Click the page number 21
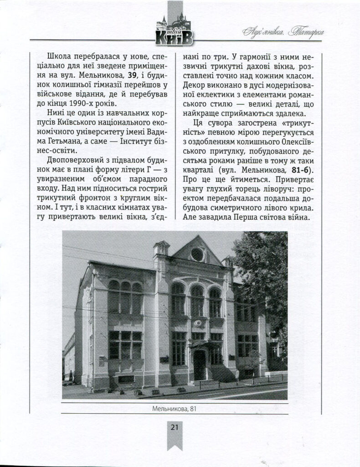pos(174,427)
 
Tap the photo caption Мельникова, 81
pos(175,408)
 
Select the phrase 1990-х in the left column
pos(108,103)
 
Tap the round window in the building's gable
pos(197,254)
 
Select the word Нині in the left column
pos(56,113)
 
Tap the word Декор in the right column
pos(195,84)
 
